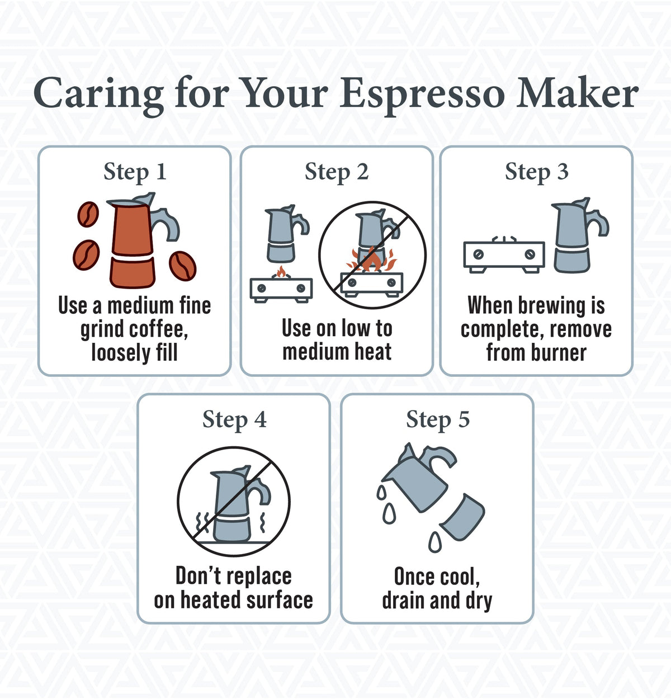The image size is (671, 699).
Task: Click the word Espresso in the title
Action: [422, 93]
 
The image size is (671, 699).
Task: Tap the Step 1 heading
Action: [135, 172]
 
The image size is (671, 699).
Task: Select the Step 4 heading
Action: [234, 419]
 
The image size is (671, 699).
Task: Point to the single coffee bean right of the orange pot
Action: [182, 266]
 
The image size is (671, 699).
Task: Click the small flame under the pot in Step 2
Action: [281, 272]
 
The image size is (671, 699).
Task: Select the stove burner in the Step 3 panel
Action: [504, 256]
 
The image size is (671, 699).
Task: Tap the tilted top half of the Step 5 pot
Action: [417, 478]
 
